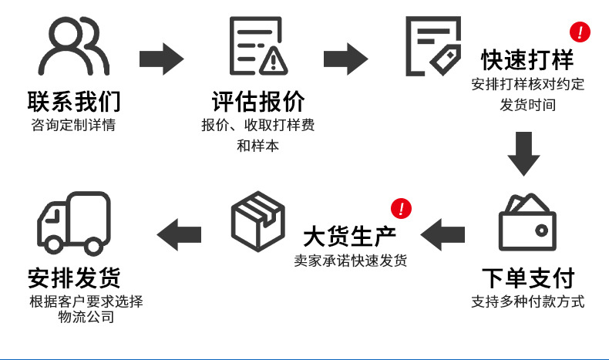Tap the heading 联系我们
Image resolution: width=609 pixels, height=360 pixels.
point(74,102)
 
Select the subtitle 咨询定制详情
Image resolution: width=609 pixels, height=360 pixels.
point(74,125)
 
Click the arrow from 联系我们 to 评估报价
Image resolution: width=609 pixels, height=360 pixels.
point(161,59)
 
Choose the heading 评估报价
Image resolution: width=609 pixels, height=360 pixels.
point(259,102)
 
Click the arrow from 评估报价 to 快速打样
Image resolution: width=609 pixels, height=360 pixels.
point(345,59)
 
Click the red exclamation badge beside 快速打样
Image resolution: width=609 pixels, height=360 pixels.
point(579,32)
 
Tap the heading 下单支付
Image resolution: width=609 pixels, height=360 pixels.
point(527,278)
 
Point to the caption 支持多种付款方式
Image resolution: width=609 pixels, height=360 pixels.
point(527,301)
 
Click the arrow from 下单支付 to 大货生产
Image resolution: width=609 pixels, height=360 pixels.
point(442,234)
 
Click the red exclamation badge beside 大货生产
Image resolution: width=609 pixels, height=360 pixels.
point(401,208)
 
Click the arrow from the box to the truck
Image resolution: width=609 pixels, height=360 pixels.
point(179,234)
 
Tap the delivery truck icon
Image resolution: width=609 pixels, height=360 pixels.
point(74,224)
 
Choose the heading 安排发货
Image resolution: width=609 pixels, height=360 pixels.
point(74,278)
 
